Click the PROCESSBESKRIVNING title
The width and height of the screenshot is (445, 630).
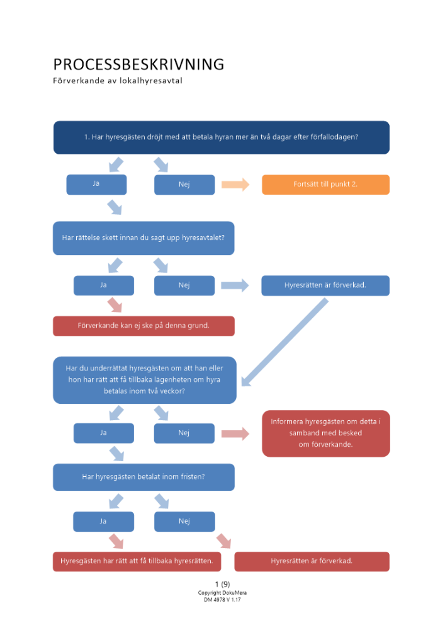(x=138, y=64)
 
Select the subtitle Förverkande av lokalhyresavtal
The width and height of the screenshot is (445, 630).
(x=118, y=81)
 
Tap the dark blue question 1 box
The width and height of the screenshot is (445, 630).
(x=221, y=137)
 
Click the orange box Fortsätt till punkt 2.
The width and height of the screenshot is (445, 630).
(x=325, y=185)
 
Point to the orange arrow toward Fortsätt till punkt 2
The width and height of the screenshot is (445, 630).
(x=235, y=185)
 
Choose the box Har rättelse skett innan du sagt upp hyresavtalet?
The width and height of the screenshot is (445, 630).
(x=144, y=238)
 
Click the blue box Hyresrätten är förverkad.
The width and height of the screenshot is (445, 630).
(x=325, y=285)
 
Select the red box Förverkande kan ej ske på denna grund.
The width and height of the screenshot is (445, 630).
(x=144, y=326)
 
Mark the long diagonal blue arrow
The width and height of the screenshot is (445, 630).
(x=284, y=341)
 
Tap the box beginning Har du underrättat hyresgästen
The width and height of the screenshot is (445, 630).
(x=144, y=379)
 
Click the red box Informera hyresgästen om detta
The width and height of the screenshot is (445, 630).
(x=325, y=433)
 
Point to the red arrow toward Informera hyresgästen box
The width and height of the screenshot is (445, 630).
(x=235, y=433)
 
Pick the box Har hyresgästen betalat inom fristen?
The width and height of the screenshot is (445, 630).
(x=144, y=477)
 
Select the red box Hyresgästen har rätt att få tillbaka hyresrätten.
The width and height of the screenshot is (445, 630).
(x=137, y=561)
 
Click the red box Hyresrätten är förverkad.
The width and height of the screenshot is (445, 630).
(x=312, y=561)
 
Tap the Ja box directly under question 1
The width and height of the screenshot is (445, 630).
(x=96, y=184)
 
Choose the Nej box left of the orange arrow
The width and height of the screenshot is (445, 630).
(x=184, y=185)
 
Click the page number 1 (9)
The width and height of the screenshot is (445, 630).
(x=222, y=584)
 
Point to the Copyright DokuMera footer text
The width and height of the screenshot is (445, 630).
(x=222, y=592)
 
